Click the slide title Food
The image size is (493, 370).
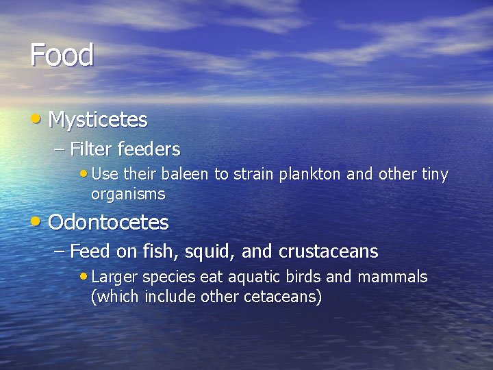tap(62, 55)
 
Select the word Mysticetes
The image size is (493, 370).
tap(98, 120)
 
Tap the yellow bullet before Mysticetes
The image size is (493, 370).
tap(36, 119)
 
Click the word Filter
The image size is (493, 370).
tap(92, 149)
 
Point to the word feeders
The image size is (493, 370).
tap(149, 149)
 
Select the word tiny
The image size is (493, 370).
tap(434, 175)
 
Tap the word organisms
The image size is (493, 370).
tap(128, 195)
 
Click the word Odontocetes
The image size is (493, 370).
tap(108, 223)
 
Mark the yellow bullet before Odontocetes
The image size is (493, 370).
tap(36, 221)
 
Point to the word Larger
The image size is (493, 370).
tap(114, 277)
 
